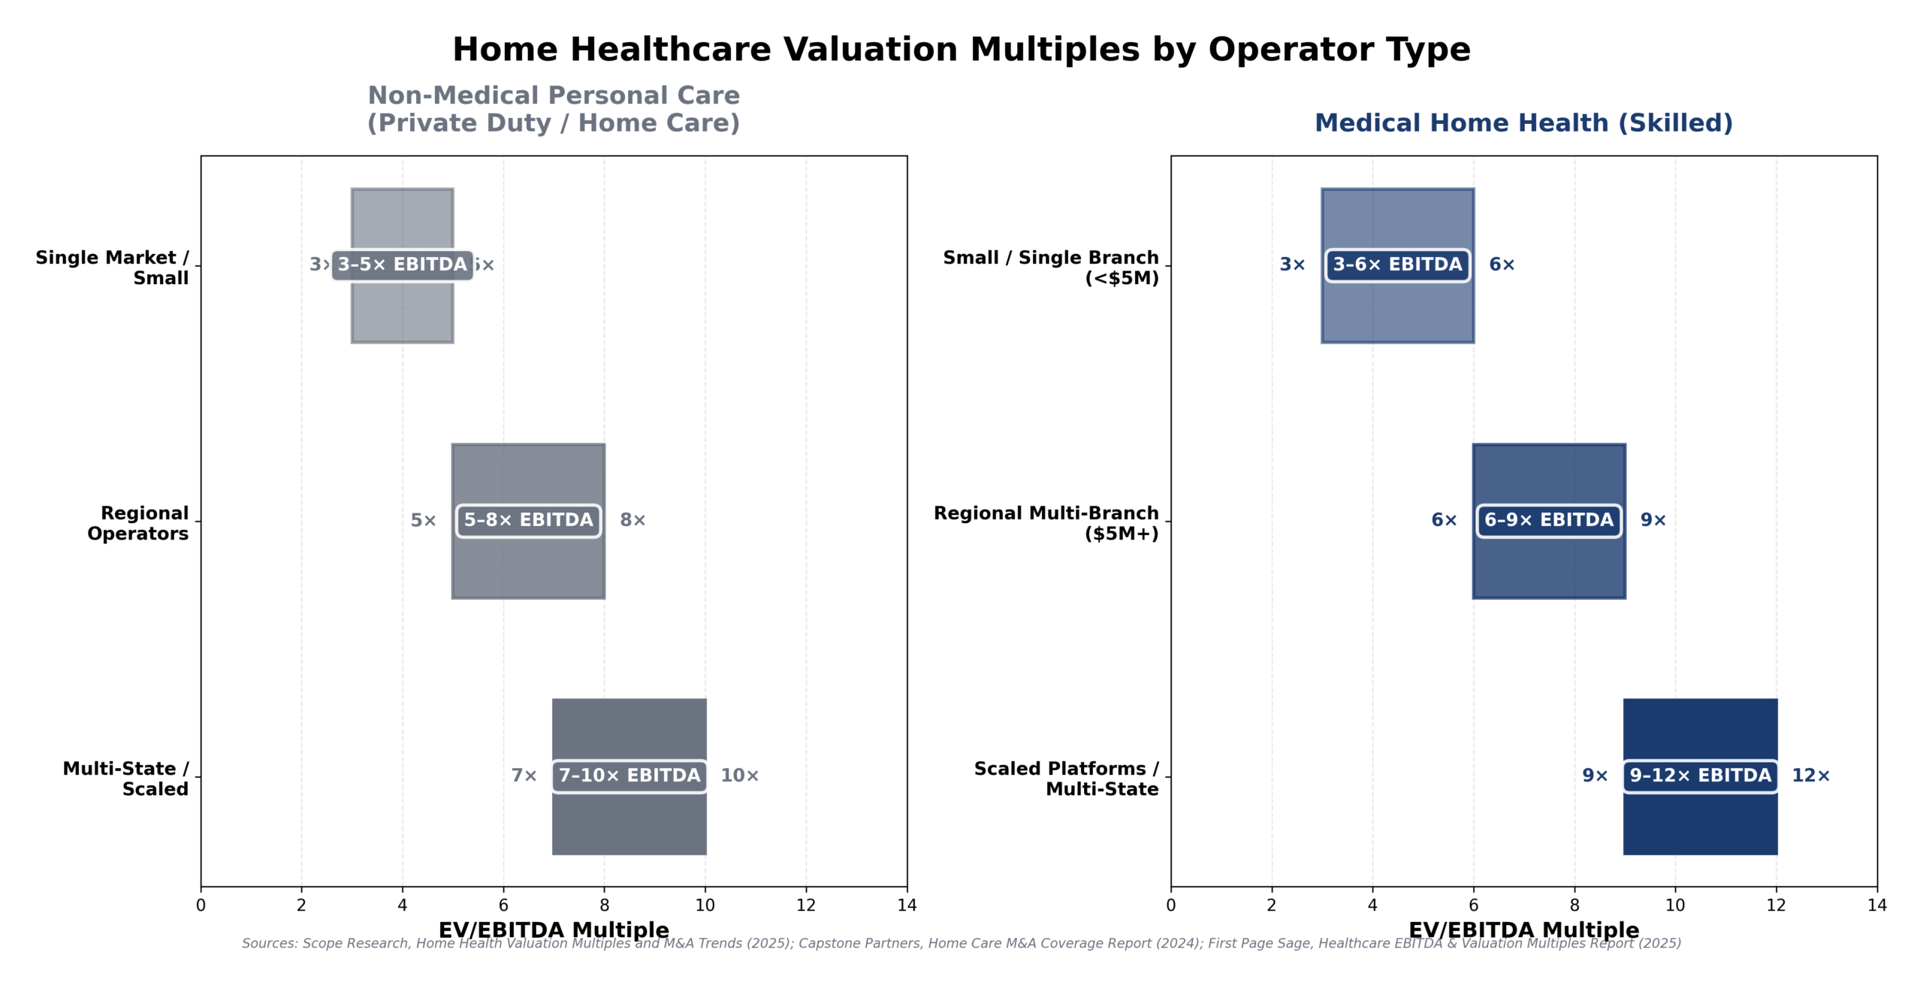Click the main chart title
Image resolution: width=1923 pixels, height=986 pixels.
click(961, 50)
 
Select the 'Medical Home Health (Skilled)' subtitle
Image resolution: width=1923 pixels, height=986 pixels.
click(1523, 123)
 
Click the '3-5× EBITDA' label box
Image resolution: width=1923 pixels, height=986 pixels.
click(403, 265)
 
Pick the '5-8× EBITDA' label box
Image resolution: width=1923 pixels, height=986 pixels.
click(528, 520)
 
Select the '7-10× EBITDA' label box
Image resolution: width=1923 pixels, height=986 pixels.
click(629, 776)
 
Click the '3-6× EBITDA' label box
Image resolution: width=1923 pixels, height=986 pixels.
click(1397, 265)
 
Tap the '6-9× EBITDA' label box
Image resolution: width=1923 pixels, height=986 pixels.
click(1549, 520)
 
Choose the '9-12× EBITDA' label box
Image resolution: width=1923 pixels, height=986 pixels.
click(1700, 776)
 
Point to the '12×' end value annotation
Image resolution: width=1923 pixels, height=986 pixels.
click(1810, 776)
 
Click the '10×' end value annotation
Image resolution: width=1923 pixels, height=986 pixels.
click(739, 776)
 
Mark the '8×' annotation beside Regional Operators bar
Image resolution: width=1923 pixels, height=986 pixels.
click(632, 520)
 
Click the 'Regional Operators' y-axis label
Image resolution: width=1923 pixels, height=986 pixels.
click(138, 523)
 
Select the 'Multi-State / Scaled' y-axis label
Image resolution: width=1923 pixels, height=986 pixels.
click(126, 779)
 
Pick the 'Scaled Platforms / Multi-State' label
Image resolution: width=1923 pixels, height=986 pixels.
click(1066, 779)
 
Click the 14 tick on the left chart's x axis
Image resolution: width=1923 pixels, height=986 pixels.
click(907, 905)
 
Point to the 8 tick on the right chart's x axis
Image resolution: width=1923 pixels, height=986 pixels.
click(1574, 905)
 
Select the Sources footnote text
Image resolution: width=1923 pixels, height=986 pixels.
click(961, 944)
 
